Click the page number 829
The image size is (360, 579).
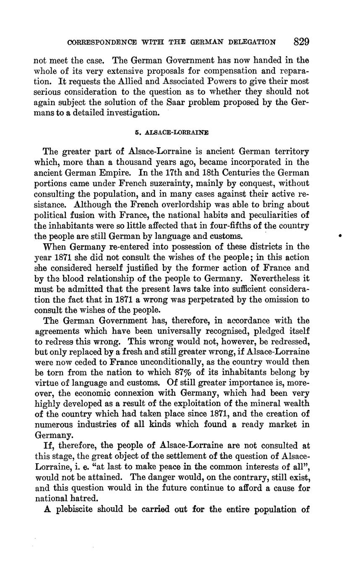[301, 42]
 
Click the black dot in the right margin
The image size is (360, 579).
[340, 236]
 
